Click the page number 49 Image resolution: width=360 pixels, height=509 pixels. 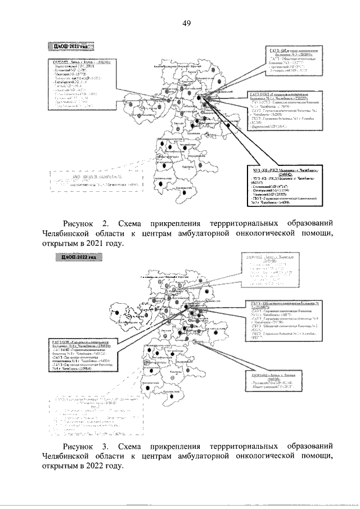(x=187, y=23)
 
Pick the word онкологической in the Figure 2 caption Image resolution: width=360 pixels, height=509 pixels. (x=276, y=233)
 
